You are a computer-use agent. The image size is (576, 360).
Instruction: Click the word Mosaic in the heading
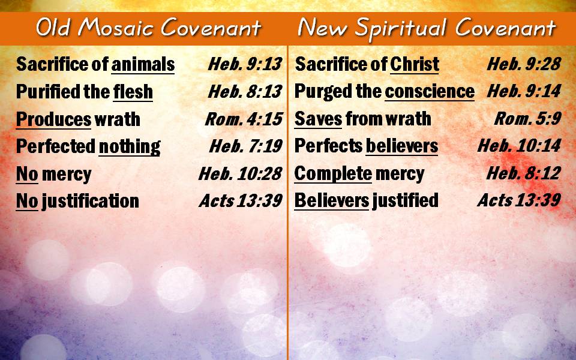tap(117, 28)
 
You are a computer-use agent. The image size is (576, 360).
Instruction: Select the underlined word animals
tap(143, 64)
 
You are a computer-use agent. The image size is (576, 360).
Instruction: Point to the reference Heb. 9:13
tap(245, 64)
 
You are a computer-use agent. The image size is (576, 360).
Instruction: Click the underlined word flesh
tap(133, 91)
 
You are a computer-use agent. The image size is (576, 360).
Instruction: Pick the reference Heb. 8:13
tap(245, 91)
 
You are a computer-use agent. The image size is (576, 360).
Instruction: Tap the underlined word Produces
tap(53, 120)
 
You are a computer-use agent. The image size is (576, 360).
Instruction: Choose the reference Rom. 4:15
tap(244, 119)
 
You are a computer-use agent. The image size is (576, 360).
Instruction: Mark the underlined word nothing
tap(130, 147)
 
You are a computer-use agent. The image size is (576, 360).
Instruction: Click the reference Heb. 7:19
tap(246, 146)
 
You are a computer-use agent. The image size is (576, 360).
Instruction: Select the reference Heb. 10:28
tap(241, 174)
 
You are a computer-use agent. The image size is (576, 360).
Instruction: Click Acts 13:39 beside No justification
tap(241, 201)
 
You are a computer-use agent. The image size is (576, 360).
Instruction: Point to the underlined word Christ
tap(415, 64)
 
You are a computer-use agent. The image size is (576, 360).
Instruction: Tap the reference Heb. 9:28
tap(524, 64)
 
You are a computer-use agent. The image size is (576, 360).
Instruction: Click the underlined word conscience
tap(430, 91)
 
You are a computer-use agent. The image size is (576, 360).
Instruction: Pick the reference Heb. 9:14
tap(524, 91)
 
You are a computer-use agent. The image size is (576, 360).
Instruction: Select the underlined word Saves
tap(318, 119)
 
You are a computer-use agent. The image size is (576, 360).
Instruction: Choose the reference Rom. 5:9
tap(528, 119)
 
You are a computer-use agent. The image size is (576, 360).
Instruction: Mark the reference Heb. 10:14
tap(520, 146)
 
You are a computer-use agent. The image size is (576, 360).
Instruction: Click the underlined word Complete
tap(333, 174)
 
